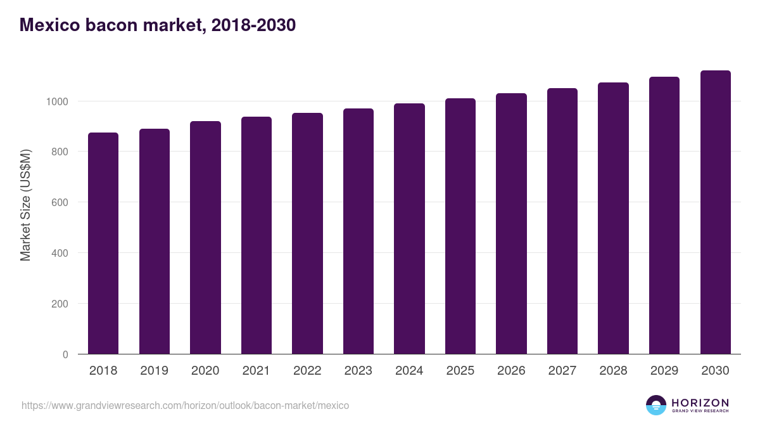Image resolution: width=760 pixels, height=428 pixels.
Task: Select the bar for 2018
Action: coord(103,243)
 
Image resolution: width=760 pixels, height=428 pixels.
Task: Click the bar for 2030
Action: coord(715,212)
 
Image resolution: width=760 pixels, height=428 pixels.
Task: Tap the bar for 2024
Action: coord(409,229)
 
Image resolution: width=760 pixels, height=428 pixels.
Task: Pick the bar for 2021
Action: coord(256,235)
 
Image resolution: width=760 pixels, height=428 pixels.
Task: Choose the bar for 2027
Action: coord(562,221)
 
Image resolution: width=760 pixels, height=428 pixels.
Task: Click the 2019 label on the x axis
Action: coord(154,371)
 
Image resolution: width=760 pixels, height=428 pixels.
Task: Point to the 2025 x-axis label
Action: coord(460,371)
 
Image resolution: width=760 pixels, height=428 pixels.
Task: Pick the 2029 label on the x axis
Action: coord(664,371)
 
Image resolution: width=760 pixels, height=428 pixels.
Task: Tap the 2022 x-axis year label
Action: coord(307,371)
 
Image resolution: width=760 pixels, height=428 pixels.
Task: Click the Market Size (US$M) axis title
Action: coord(25,204)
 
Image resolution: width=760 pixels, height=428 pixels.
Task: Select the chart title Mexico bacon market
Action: coord(158,25)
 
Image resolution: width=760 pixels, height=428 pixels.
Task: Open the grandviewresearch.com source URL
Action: coord(185,405)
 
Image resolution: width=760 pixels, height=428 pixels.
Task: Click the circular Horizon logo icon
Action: coord(656,405)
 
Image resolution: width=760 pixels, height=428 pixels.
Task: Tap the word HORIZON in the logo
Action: coord(700,403)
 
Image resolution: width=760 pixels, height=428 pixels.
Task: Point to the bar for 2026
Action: coord(511,224)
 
